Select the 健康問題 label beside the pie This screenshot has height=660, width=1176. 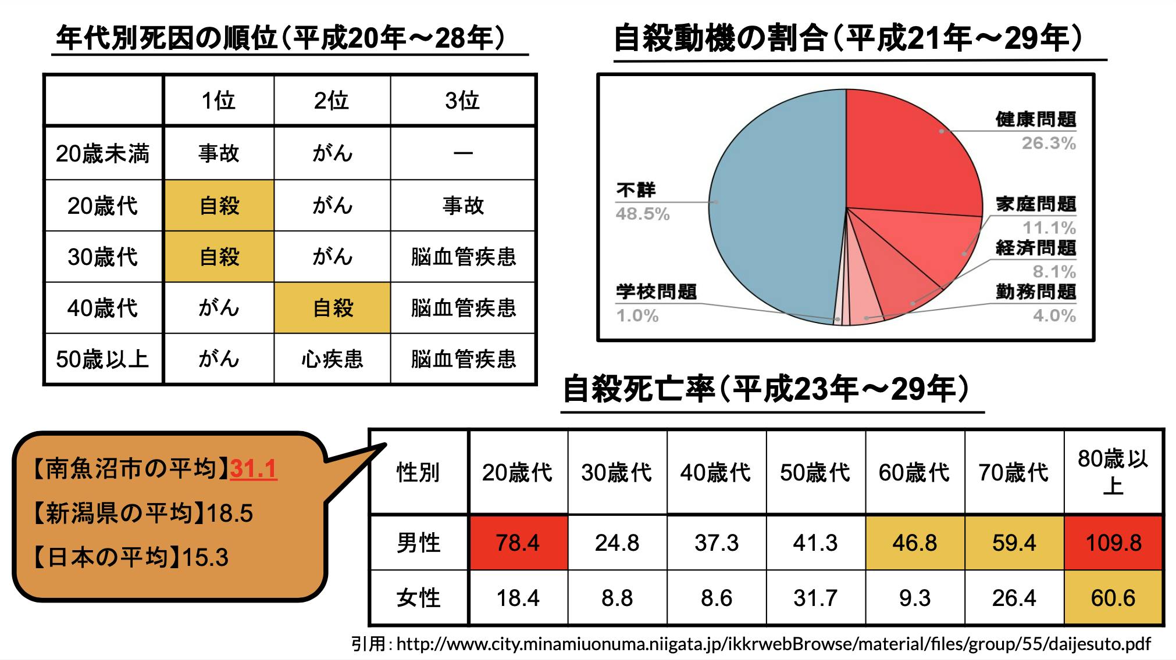(x=1035, y=120)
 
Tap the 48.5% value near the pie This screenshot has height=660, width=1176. (x=643, y=214)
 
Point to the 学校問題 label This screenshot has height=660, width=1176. (x=656, y=292)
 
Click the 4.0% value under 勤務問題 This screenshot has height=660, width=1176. (x=1054, y=316)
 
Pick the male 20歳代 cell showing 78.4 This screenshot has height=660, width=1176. (x=518, y=543)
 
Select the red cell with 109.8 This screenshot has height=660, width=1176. (x=1113, y=543)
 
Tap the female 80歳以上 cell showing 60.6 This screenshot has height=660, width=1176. (x=1113, y=598)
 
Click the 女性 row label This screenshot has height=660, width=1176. (x=418, y=598)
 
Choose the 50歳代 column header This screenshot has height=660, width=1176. (x=815, y=473)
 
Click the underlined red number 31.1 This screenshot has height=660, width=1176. (x=254, y=469)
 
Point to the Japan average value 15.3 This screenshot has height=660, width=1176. (x=205, y=558)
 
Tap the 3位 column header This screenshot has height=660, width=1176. (x=462, y=101)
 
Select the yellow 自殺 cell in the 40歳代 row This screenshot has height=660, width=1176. (x=332, y=308)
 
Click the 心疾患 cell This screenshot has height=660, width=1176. (x=332, y=359)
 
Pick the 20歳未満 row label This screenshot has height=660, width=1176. (x=103, y=154)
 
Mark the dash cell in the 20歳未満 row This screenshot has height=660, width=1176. (x=463, y=154)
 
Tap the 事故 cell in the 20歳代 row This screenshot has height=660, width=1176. (x=463, y=206)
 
